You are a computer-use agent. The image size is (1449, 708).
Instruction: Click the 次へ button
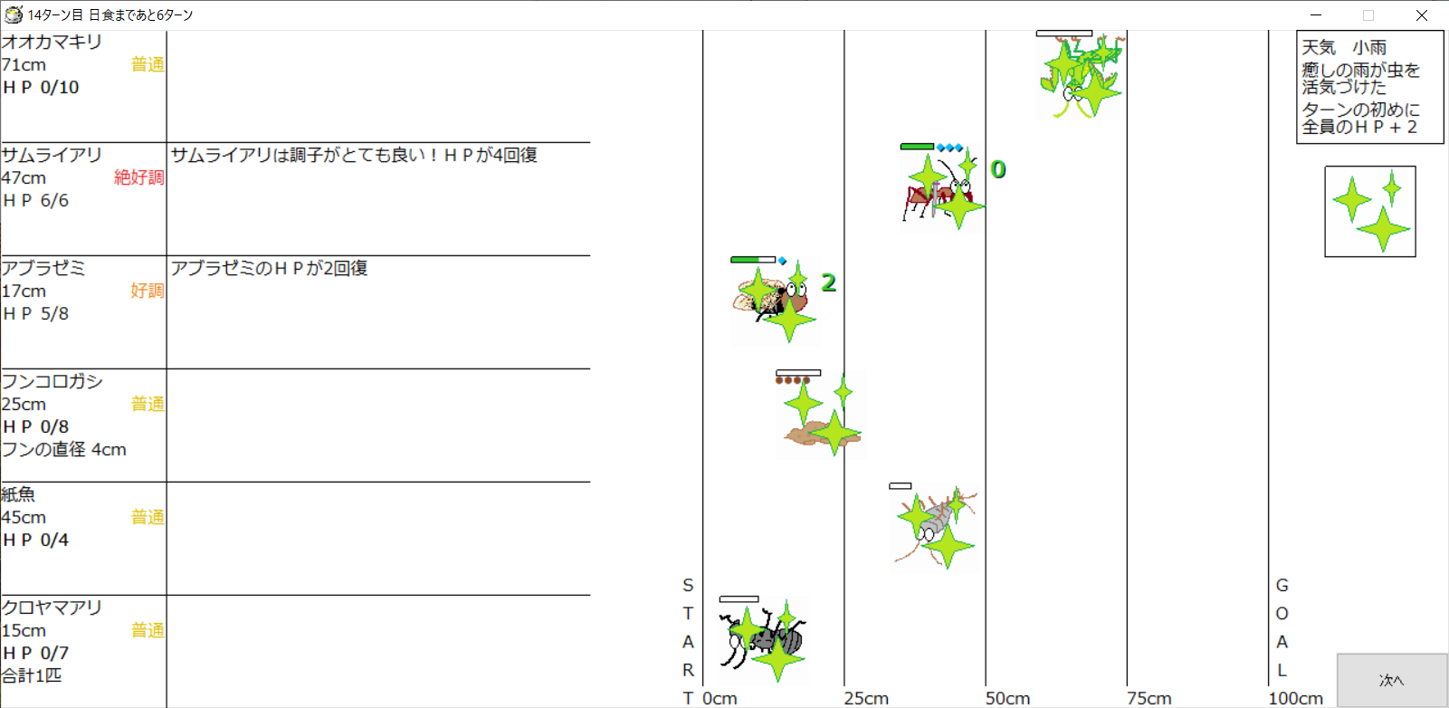coord(1391,680)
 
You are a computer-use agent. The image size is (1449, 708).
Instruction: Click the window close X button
coord(1421,14)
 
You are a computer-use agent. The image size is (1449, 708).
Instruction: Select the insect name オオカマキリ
coord(52,42)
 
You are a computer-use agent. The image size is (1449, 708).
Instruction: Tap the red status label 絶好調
coord(139,177)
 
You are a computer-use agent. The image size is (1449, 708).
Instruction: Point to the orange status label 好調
coord(148,291)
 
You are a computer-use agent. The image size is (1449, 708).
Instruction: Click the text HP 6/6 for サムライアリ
coord(35,201)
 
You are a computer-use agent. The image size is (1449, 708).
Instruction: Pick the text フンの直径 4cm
coord(64,449)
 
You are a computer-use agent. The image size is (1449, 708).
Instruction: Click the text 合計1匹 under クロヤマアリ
coord(32,675)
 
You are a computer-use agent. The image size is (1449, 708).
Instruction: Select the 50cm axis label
coord(1006,698)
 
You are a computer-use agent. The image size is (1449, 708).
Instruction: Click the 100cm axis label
coord(1296,698)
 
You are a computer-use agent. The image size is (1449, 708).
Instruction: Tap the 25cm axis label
coord(866,698)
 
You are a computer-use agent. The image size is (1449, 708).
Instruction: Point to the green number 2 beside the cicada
coord(829,282)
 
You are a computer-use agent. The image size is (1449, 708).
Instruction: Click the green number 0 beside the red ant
coord(998,169)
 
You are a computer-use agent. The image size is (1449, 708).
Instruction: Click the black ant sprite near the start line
coord(763,641)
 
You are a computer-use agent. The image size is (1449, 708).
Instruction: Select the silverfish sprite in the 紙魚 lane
coord(935,528)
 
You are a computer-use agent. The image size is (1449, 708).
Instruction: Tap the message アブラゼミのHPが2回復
coord(269,268)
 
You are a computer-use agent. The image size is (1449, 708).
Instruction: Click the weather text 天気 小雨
coord(1344,47)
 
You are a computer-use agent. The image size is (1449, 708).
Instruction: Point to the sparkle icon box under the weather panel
coord(1370,211)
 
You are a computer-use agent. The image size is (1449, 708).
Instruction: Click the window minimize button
coord(1316,14)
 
